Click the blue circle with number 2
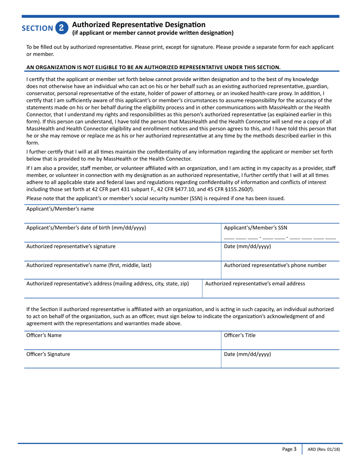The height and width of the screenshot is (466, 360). (62, 28)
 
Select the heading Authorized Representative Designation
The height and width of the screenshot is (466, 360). (139, 25)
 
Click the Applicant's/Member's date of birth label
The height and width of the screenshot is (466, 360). (86, 228)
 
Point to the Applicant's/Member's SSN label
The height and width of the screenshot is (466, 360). (256, 228)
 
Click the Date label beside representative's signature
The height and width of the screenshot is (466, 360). (247, 246)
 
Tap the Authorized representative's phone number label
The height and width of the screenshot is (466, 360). (275, 265)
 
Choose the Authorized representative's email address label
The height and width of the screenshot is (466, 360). (255, 283)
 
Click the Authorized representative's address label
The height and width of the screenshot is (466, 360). (108, 283)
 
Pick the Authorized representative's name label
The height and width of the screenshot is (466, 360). (89, 265)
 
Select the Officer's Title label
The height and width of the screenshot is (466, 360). (240, 335)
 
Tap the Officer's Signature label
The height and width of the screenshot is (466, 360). (48, 354)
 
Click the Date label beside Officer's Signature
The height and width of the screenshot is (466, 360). (247, 354)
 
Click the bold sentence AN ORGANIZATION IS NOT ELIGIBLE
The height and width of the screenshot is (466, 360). (153, 67)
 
